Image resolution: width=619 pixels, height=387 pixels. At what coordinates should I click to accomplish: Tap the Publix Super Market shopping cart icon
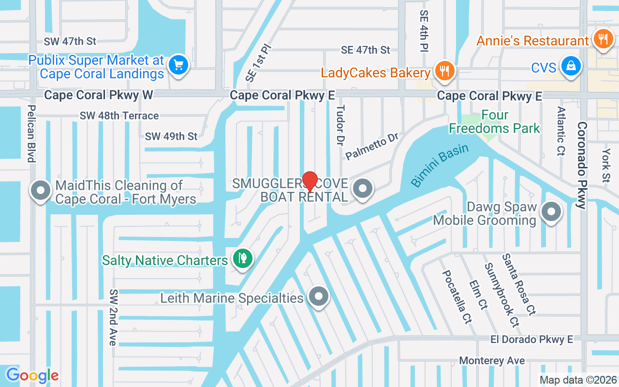point(178,65)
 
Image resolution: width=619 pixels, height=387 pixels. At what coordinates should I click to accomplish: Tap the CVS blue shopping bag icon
point(571,66)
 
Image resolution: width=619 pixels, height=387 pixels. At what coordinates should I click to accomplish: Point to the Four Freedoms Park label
point(494,122)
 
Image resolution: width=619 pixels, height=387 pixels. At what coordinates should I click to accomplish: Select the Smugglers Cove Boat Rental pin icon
point(362,189)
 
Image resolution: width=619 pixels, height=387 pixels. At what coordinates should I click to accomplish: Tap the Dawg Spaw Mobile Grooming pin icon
point(551,211)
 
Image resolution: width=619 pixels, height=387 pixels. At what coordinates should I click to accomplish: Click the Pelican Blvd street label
point(31,134)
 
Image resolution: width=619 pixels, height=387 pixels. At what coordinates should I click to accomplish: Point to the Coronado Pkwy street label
point(582,164)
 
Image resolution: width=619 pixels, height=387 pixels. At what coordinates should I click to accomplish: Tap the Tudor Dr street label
point(340,125)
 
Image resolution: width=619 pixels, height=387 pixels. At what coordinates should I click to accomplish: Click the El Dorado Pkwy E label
point(530,340)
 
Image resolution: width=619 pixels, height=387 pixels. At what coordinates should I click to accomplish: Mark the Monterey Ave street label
point(492,361)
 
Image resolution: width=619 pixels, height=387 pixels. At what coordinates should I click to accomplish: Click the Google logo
point(32,375)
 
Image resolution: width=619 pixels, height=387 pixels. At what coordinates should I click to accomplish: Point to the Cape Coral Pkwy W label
point(98,95)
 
